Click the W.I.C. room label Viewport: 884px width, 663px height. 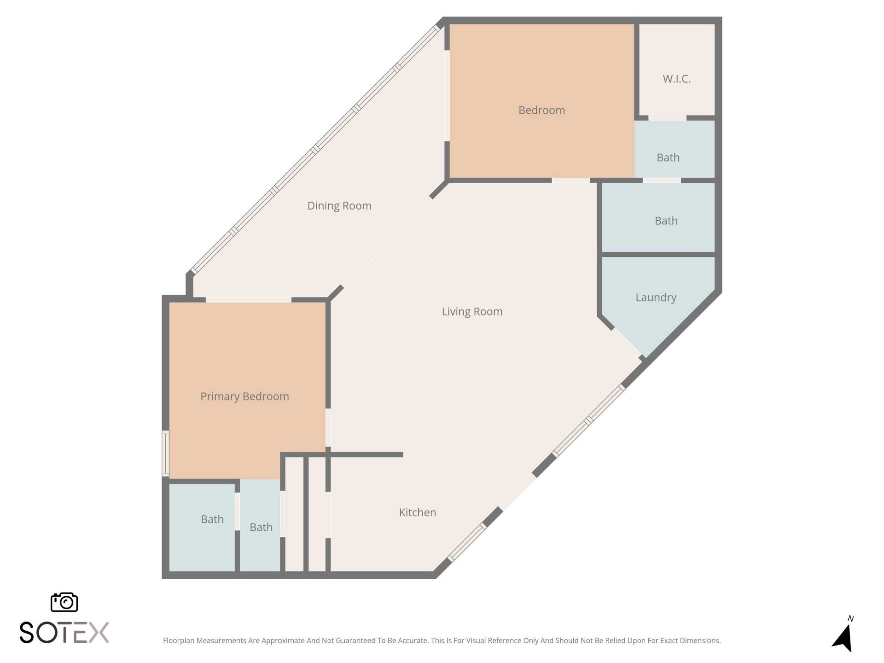pyautogui.click(x=676, y=79)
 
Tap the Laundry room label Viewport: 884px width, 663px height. pyautogui.click(x=656, y=297)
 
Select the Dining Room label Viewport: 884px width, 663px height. pyautogui.click(x=339, y=206)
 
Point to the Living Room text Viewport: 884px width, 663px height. pyautogui.click(x=472, y=312)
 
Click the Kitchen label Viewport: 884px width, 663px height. pyautogui.click(x=417, y=512)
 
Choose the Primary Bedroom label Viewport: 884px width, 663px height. pyautogui.click(x=244, y=396)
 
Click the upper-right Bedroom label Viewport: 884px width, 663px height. pyautogui.click(x=541, y=110)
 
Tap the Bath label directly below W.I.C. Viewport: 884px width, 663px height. pyautogui.click(x=668, y=157)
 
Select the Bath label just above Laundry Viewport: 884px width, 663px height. pyautogui.click(x=666, y=221)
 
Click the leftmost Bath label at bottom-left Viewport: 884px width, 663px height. pyautogui.click(x=212, y=519)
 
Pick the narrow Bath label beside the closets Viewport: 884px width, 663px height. pyautogui.click(x=261, y=527)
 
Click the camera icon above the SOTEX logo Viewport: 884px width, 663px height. pyautogui.click(x=64, y=602)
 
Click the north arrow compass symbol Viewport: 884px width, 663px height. pyautogui.click(x=843, y=638)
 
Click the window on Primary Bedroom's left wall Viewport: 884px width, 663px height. pyautogui.click(x=165, y=453)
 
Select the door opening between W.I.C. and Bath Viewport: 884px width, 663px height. pyautogui.click(x=667, y=118)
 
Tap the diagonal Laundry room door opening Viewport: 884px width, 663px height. pyautogui.click(x=627, y=343)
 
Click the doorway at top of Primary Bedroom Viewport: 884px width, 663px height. pyautogui.click(x=248, y=300)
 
